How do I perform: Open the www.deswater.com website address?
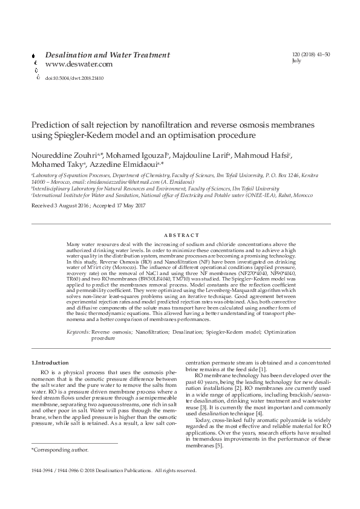point(79,64)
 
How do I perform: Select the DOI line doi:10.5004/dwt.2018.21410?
point(74,78)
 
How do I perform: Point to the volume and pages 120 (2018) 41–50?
point(312,54)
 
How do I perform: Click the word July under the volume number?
point(296,61)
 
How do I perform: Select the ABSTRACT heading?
point(180,235)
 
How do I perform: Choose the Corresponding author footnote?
point(60,450)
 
